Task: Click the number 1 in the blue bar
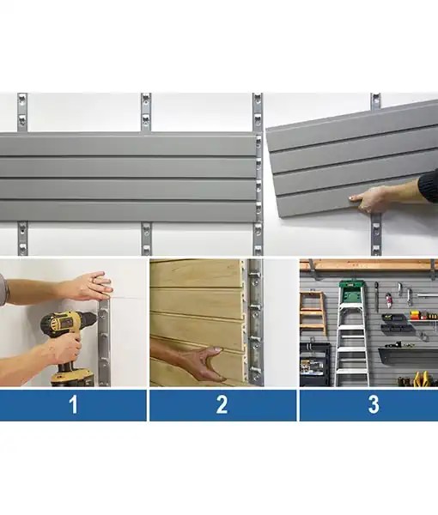pyautogui.click(x=73, y=405)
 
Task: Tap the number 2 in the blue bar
pyautogui.click(x=222, y=405)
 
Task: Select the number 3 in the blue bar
pyautogui.click(x=373, y=405)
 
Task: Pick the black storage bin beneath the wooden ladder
pyautogui.click(x=315, y=364)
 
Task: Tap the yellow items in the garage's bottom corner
pyautogui.click(x=423, y=378)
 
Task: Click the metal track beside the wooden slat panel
pyautogui.click(x=254, y=322)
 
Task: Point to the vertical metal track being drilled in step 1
pyautogui.click(x=105, y=343)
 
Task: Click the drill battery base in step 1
pyautogui.click(x=75, y=376)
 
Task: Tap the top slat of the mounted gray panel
pyautogui.click(x=129, y=144)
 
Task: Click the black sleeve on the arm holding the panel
pyautogui.click(x=429, y=185)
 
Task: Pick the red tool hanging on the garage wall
pyautogui.click(x=388, y=300)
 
